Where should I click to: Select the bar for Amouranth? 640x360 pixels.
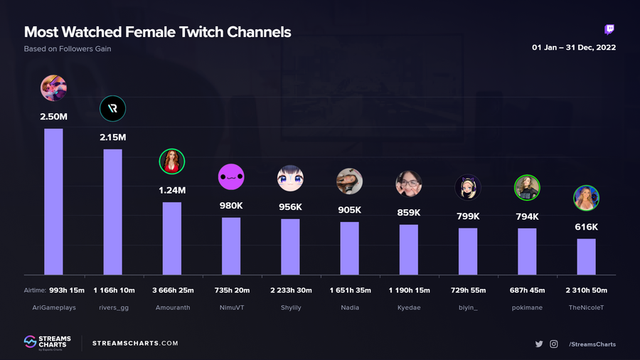coord(172,238)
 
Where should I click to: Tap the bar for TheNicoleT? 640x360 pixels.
coord(586,256)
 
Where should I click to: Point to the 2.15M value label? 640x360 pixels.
coord(112,137)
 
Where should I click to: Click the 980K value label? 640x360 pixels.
coord(231,205)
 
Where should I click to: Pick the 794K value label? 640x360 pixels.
coord(527,216)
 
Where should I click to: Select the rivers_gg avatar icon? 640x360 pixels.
coord(113,109)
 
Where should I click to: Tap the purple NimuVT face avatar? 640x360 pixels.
coord(231,176)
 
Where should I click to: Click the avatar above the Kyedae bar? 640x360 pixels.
coord(409,184)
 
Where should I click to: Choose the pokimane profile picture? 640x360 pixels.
coord(527,188)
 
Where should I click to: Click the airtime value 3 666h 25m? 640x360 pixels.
coord(172,290)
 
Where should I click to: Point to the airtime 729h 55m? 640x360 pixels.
coord(468,290)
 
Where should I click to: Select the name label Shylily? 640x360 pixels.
coord(290,307)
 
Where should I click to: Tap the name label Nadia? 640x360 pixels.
coord(349,307)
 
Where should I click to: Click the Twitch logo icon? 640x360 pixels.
coord(609,30)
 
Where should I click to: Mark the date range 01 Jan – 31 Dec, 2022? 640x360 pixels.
coord(574,48)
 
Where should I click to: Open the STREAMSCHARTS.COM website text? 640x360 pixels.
coord(135,344)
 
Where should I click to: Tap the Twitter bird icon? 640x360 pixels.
coord(539,344)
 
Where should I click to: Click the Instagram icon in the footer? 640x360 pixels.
coord(554,344)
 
